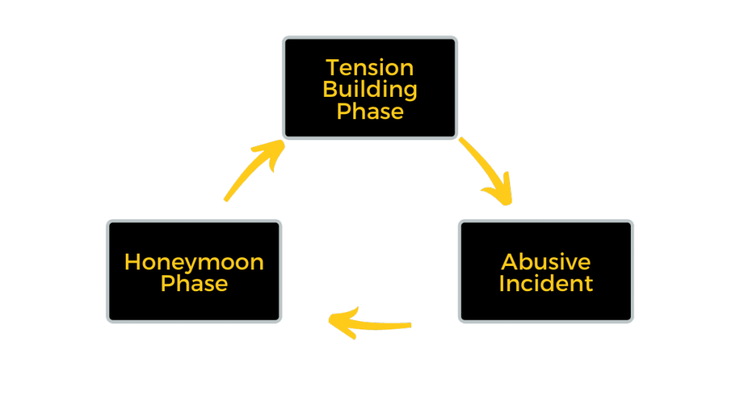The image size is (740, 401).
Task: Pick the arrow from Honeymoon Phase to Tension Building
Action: pyautogui.click(x=253, y=171)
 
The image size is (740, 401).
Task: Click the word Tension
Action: pyautogui.click(x=370, y=68)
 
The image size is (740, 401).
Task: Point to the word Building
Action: pyautogui.click(x=370, y=90)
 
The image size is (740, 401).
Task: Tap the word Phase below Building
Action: pyautogui.click(x=370, y=111)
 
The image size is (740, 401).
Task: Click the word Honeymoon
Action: pyautogui.click(x=194, y=262)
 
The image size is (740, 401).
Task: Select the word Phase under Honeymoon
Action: pyautogui.click(x=194, y=283)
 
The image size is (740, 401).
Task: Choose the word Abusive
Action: pyautogui.click(x=546, y=262)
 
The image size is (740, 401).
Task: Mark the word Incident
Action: pyautogui.click(x=546, y=283)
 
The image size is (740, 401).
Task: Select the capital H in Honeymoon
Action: pyautogui.click(x=132, y=262)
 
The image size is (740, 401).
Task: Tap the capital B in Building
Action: pyautogui.click(x=330, y=90)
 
